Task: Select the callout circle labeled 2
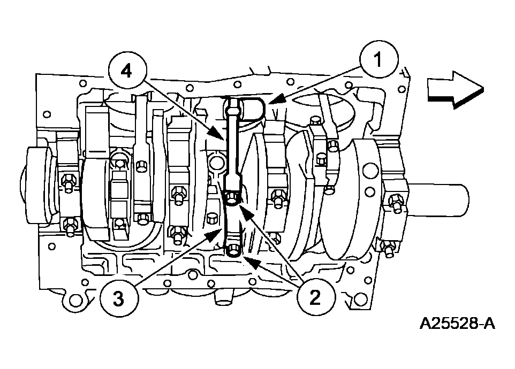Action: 315,297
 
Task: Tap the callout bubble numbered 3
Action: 118,298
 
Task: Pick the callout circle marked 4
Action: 126,72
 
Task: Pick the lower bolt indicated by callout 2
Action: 234,250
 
